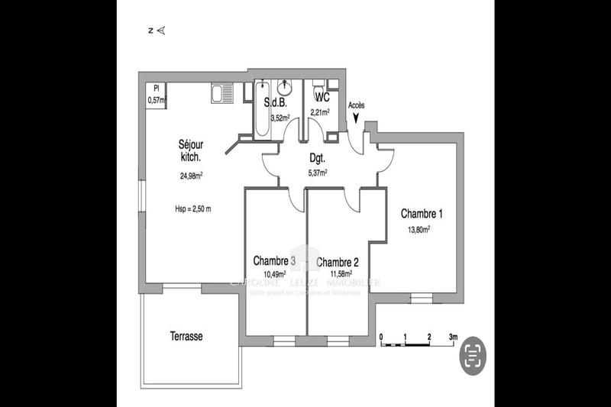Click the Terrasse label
[186, 336]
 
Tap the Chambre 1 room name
[421, 214]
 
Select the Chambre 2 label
[338, 261]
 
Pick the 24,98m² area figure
[191, 176]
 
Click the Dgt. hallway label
[317, 159]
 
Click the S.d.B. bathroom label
[276, 102]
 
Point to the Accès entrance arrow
[356, 116]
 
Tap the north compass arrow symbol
[160, 31]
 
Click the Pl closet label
[155, 89]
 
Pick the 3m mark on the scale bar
[453, 336]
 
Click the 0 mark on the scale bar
[381, 336]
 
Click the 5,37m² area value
[317, 173]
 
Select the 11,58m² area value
[341, 274]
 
